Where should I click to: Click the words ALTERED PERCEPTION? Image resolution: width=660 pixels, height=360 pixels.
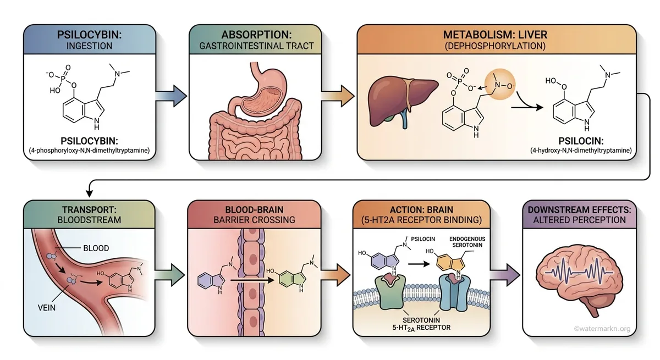(x=580, y=220)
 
